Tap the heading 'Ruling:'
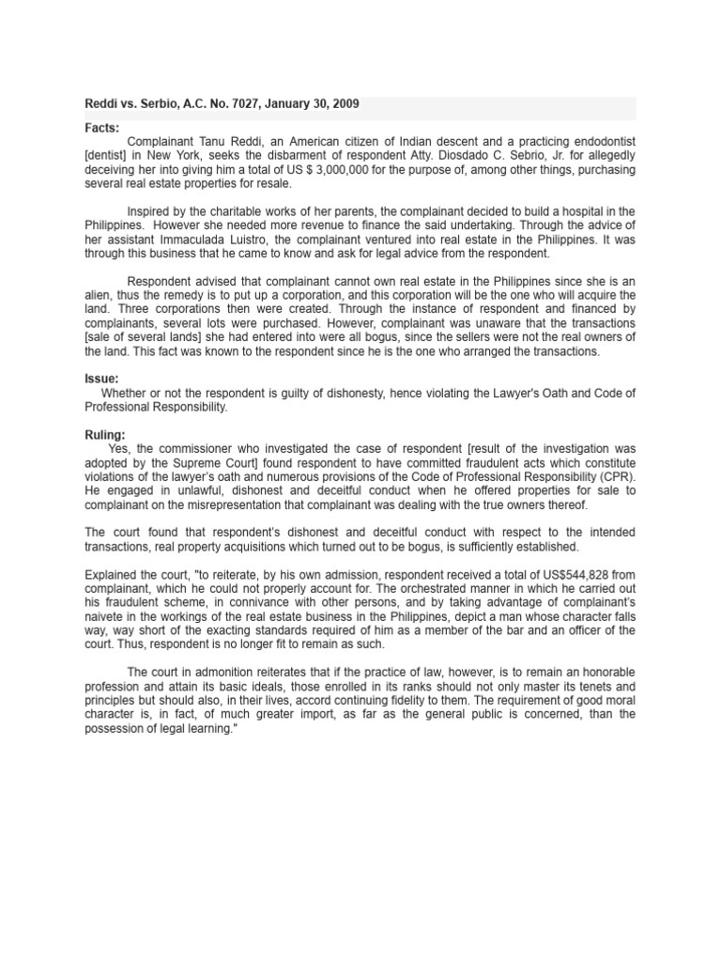pos(105,435)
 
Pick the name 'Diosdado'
pos(474,155)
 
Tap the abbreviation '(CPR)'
pos(617,477)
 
